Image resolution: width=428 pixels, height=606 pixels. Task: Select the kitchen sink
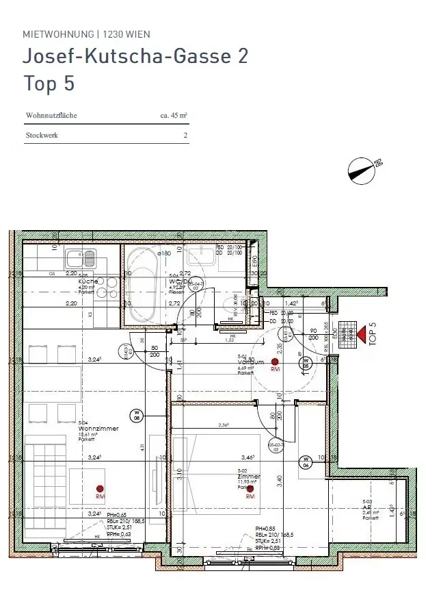81,258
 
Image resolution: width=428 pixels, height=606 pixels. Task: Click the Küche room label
87,281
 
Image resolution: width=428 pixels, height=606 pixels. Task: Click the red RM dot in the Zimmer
250,488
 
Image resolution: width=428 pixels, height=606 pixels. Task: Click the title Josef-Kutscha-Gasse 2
135,56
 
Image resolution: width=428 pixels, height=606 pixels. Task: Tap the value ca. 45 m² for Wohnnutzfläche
174,116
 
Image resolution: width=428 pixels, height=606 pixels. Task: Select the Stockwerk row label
42,136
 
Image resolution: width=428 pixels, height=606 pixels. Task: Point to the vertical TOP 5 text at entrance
373,332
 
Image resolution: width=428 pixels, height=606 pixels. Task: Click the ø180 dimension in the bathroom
164,253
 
